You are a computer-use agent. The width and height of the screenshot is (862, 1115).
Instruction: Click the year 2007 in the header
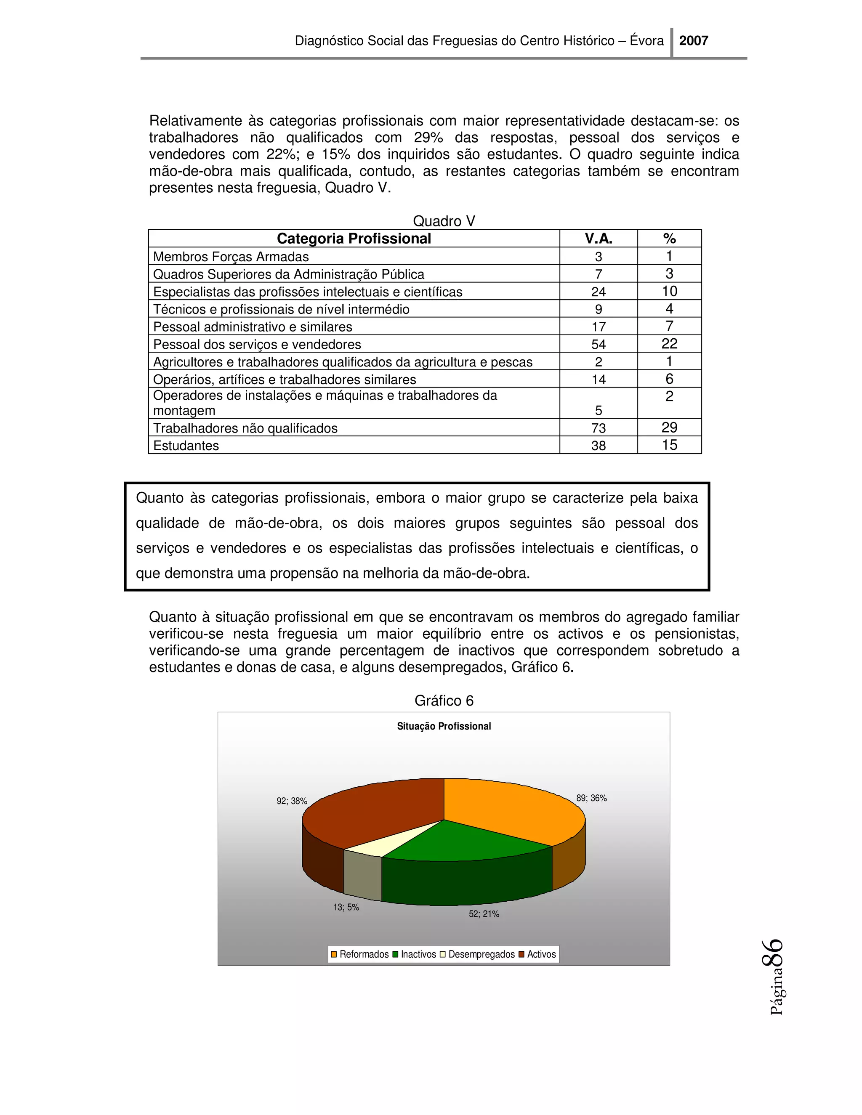point(693,41)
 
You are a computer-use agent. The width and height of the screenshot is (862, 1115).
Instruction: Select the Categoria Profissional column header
point(354,239)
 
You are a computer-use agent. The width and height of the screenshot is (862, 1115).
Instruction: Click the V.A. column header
point(598,239)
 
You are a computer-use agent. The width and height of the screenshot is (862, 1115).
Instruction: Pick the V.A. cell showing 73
point(598,428)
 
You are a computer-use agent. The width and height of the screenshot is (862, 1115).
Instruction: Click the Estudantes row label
point(186,446)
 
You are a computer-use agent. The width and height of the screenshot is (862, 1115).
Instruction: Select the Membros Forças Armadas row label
point(231,256)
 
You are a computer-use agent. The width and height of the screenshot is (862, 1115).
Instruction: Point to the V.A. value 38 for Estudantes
point(598,446)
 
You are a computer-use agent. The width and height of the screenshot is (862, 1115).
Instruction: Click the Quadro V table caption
point(443,221)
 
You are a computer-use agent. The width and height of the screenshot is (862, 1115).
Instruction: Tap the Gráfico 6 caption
point(443,701)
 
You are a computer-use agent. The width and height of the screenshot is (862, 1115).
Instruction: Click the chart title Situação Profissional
point(443,726)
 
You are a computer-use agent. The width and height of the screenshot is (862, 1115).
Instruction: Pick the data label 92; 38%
point(292,801)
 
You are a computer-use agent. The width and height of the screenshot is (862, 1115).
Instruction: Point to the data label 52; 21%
point(484,914)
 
